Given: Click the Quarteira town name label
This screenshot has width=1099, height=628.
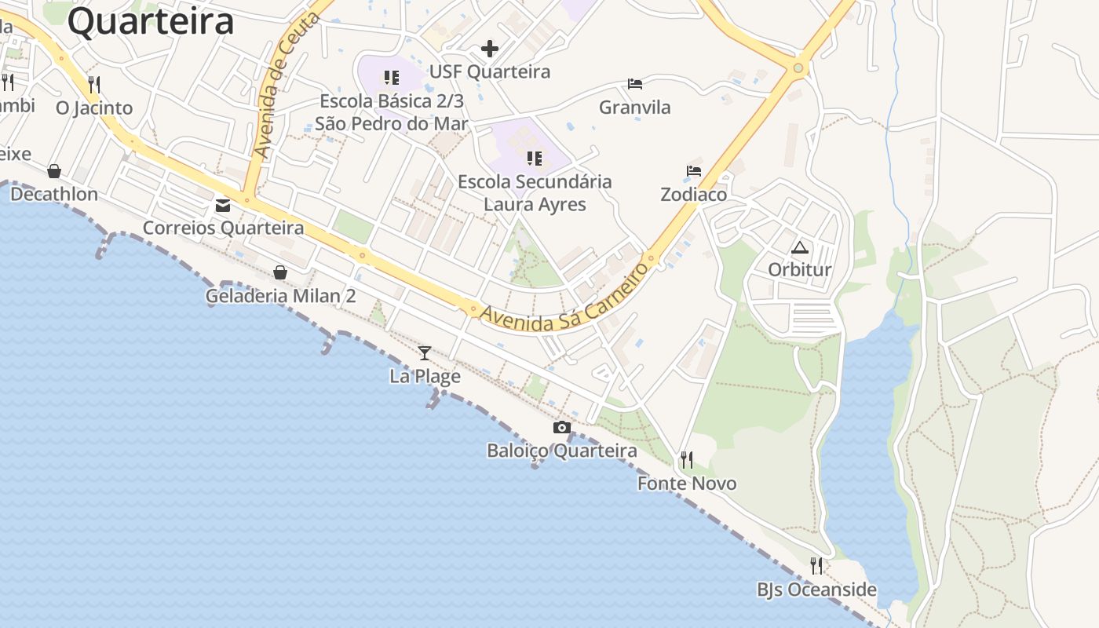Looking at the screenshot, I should tap(151, 21).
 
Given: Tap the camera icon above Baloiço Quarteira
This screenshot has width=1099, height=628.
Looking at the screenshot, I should tap(561, 428).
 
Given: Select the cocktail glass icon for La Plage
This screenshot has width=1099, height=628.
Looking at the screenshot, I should tap(425, 353).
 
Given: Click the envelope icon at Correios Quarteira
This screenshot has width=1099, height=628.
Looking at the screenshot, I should tap(223, 206).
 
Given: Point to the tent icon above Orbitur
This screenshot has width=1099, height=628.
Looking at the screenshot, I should tap(799, 248).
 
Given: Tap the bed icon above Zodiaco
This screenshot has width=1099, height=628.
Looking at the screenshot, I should tap(693, 171).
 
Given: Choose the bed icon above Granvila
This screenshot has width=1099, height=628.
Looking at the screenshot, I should tap(634, 84).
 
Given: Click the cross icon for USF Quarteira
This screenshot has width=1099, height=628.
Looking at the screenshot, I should tap(490, 49).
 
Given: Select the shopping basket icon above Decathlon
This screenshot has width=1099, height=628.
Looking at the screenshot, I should tap(54, 171).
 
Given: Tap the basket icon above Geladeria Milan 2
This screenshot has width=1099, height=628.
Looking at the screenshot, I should tap(280, 273).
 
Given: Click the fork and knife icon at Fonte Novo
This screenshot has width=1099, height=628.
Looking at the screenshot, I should tap(687, 459).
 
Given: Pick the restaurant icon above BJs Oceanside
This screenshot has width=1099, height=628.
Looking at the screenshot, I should tap(816, 565).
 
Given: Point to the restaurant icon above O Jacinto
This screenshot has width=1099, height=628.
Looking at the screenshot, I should tap(94, 84).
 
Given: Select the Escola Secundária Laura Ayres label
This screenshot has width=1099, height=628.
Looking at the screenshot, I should tap(535, 193).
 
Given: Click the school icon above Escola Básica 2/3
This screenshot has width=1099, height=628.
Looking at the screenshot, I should tap(391, 78).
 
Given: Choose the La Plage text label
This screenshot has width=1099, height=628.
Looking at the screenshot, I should tap(425, 377).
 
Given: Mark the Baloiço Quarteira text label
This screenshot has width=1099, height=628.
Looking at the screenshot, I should tap(561, 451).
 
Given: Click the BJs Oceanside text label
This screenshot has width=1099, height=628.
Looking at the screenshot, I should tap(816, 590).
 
